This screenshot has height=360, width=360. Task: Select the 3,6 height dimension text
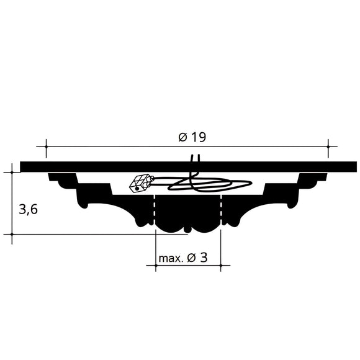(29, 209)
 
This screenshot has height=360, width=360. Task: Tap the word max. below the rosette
(171, 258)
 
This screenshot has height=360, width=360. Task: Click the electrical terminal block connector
(140, 182)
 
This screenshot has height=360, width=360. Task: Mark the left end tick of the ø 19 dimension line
(45, 147)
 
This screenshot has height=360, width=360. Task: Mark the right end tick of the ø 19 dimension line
(328, 147)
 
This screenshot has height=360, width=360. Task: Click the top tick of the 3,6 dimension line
(12, 172)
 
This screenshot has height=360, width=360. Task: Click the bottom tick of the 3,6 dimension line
(12, 235)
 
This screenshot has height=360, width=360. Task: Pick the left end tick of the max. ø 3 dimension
(155, 266)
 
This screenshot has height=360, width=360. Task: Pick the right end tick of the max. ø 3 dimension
(221, 266)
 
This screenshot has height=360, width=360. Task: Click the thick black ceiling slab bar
(186, 166)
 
